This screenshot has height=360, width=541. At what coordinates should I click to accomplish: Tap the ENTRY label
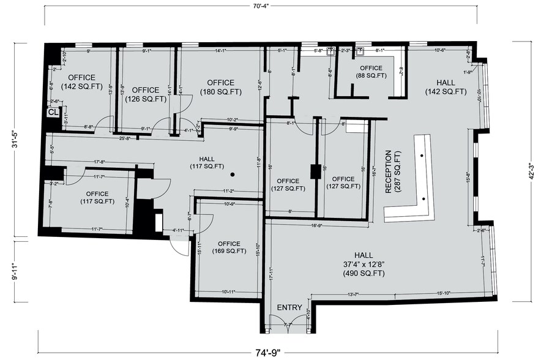click(x=289, y=307)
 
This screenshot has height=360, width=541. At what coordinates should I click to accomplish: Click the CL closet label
click(x=53, y=112)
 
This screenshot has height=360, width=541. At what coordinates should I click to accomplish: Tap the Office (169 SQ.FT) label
click(x=224, y=246)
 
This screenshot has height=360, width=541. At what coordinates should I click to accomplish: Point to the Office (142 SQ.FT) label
click(x=81, y=82)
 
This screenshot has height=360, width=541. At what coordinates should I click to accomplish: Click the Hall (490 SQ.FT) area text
click(x=364, y=274)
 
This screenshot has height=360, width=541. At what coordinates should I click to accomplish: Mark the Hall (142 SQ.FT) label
click(x=446, y=86)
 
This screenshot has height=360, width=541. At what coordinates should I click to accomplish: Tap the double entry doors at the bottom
click(x=289, y=324)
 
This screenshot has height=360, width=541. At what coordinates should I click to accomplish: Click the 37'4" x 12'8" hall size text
click(x=364, y=264)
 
